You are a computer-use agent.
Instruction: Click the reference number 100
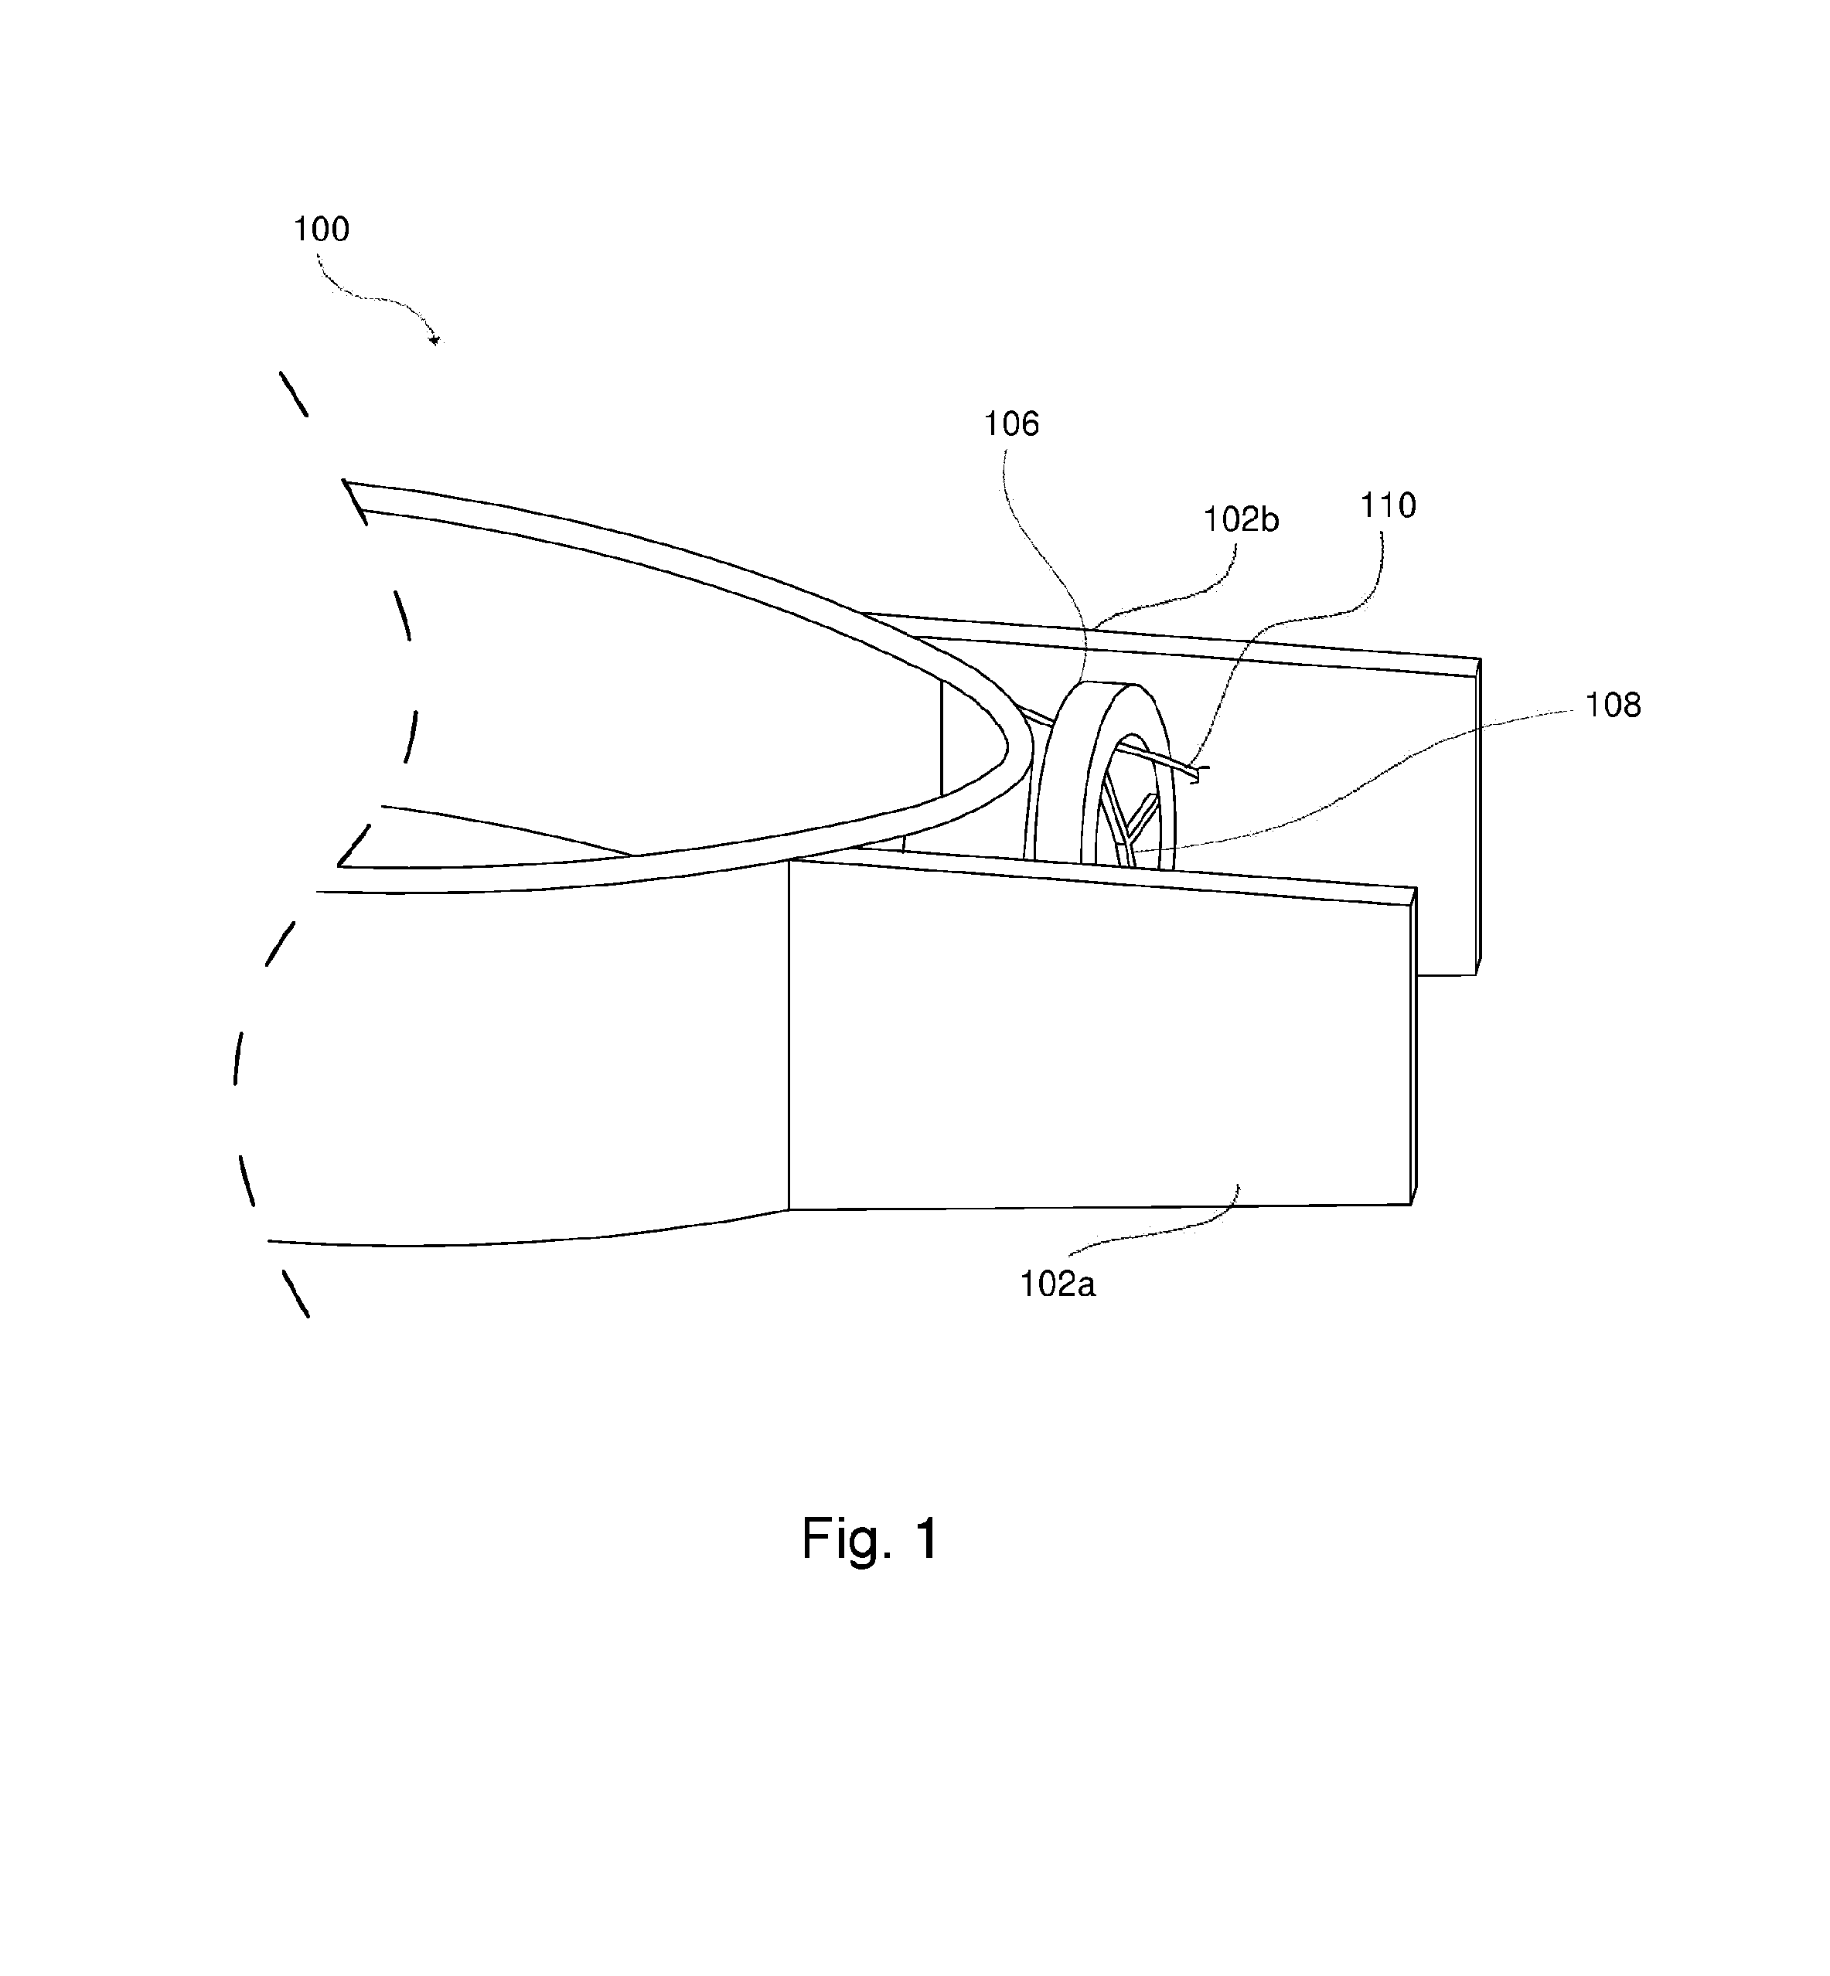click(x=321, y=230)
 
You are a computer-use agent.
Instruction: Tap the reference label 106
click(x=1011, y=425)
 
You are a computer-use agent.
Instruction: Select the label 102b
click(x=1241, y=520)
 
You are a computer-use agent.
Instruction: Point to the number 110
click(x=1387, y=506)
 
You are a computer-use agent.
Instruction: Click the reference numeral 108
click(x=1613, y=706)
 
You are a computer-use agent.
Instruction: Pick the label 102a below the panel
click(x=1058, y=1284)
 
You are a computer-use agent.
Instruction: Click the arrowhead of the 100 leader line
click(x=434, y=341)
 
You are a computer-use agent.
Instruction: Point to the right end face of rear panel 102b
click(x=1478, y=817)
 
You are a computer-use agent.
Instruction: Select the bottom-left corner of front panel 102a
click(x=789, y=1209)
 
